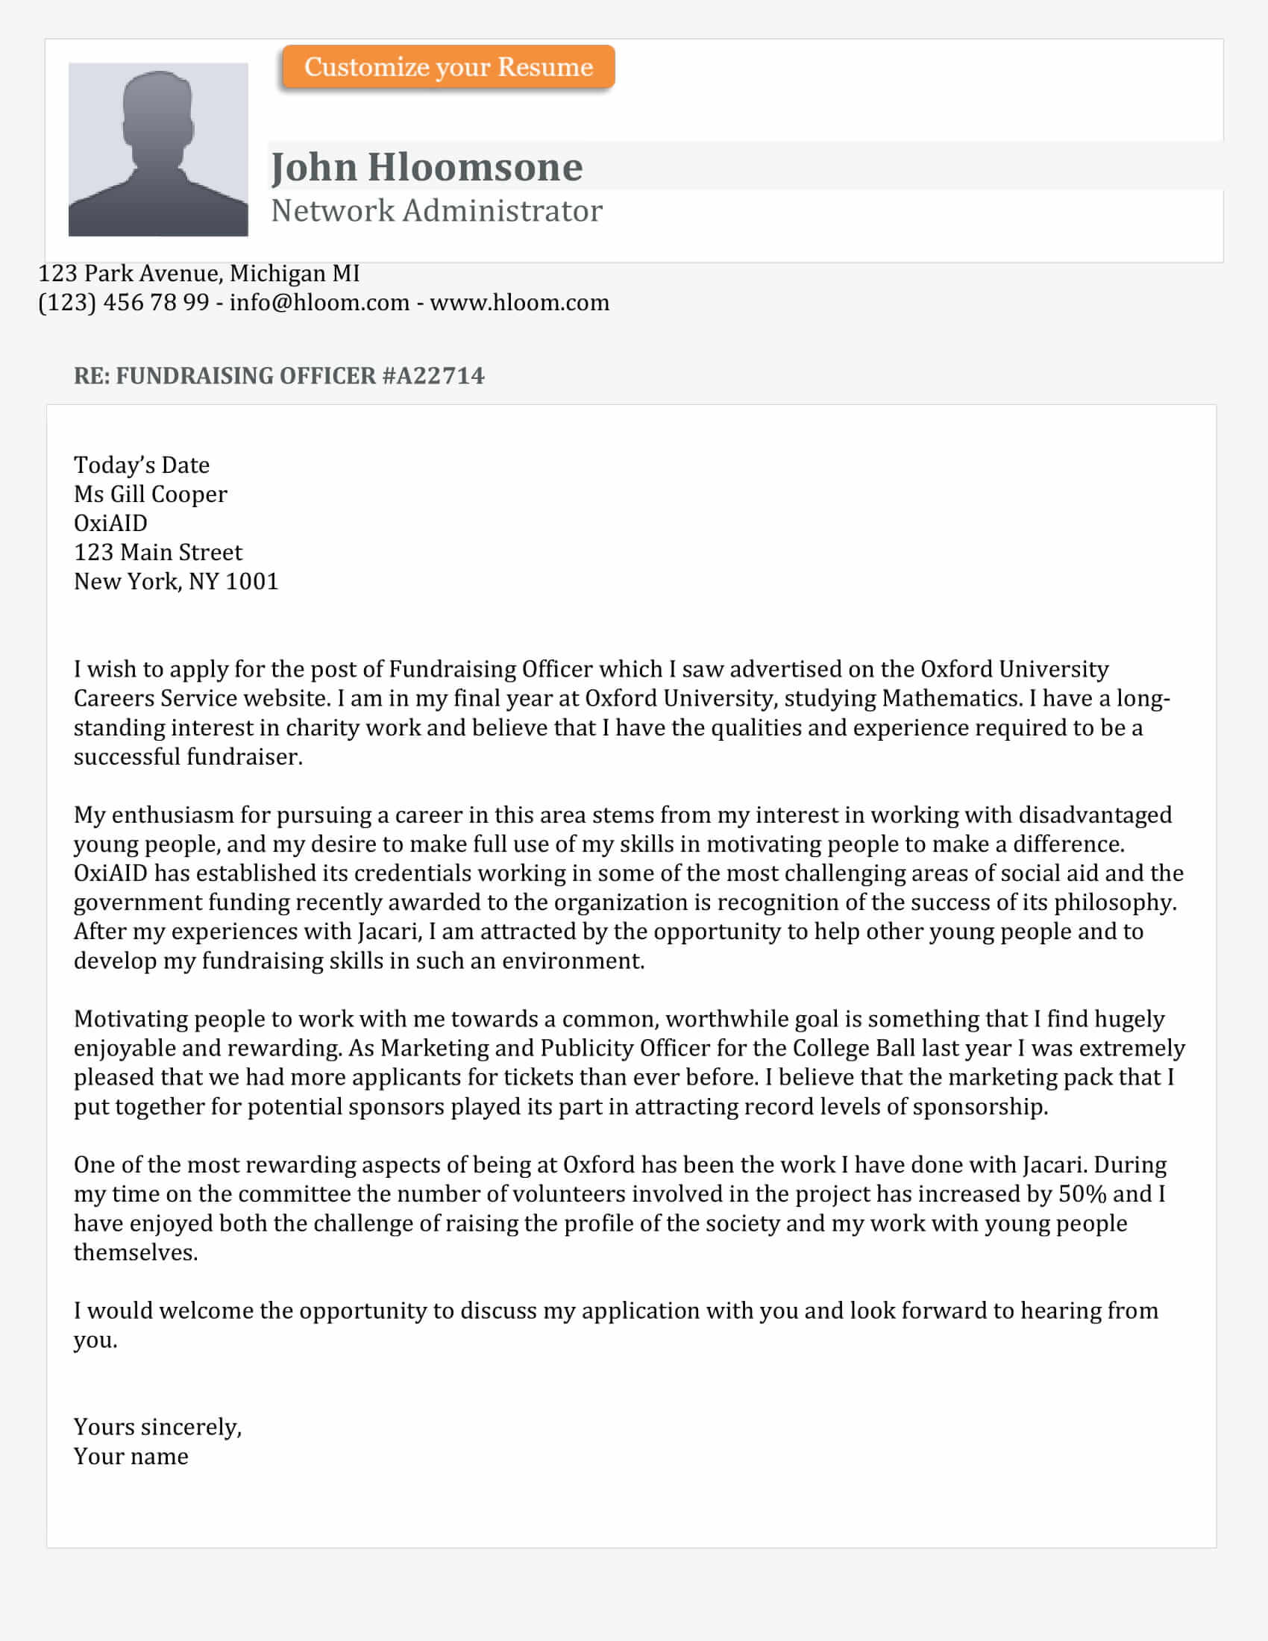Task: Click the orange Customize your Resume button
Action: click(x=448, y=67)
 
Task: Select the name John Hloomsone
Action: click(x=427, y=167)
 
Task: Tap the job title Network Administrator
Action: click(x=436, y=211)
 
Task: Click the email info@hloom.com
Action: click(x=319, y=303)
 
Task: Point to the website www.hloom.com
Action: click(x=519, y=303)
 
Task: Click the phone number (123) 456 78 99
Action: click(x=123, y=303)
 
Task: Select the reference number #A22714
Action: click(x=433, y=376)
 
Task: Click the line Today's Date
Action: click(x=141, y=465)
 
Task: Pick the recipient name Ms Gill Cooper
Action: click(x=150, y=495)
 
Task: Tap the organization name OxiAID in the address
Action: click(x=110, y=523)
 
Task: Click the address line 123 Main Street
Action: click(x=157, y=552)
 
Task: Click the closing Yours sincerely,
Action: click(x=157, y=1427)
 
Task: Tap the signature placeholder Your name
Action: click(x=131, y=1456)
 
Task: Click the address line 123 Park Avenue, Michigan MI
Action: click(x=199, y=274)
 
